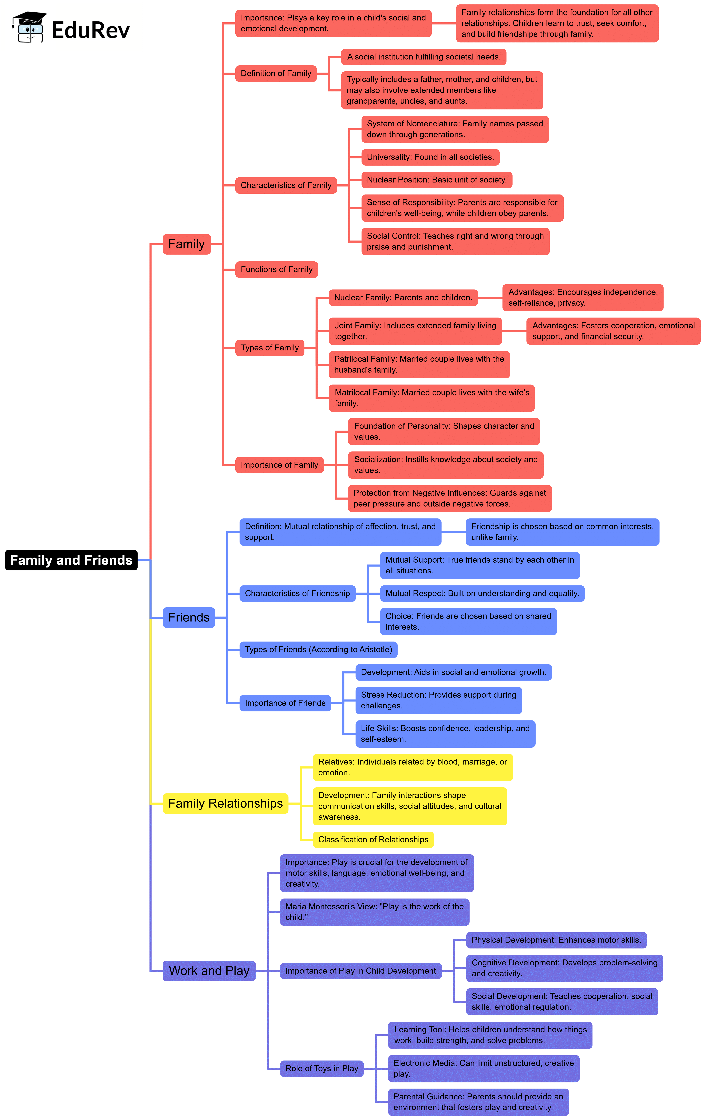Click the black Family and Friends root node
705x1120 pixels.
coord(71,560)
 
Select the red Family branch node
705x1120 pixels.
coord(186,244)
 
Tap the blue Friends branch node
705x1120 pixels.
coord(189,617)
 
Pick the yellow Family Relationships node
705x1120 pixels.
coord(225,803)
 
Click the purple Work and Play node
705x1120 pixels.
coord(209,971)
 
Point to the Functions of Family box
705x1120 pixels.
coord(276,269)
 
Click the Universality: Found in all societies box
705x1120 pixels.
coord(430,157)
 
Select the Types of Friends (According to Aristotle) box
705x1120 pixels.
coord(318,649)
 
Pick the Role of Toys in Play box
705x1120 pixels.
coord(322,1068)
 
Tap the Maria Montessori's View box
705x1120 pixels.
coord(375,912)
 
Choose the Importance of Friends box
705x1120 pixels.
coord(285,703)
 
